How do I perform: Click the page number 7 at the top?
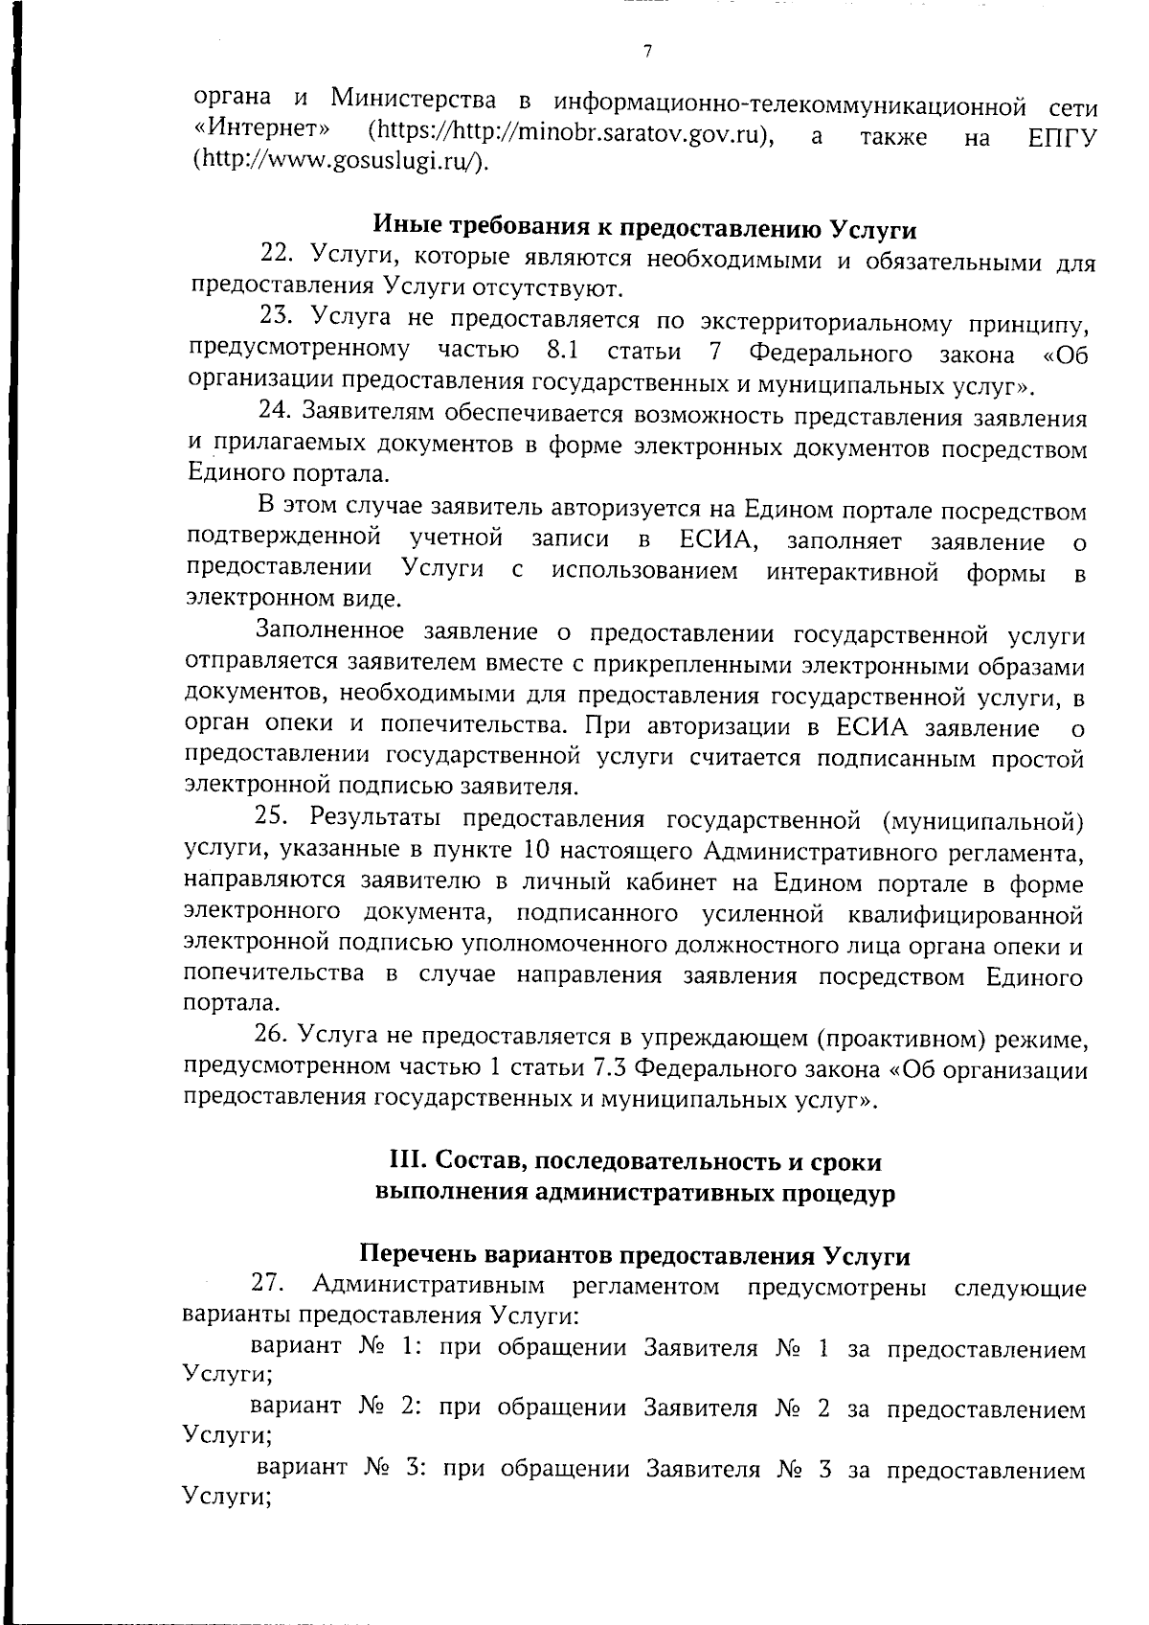point(647,52)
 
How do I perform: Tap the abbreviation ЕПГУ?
point(1061,137)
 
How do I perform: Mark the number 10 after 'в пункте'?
point(539,851)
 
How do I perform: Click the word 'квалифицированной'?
point(965,914)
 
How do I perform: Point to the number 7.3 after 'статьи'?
point(613,1068)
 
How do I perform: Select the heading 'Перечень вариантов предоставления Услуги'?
point(634,1255)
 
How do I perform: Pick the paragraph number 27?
point(268,1284)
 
